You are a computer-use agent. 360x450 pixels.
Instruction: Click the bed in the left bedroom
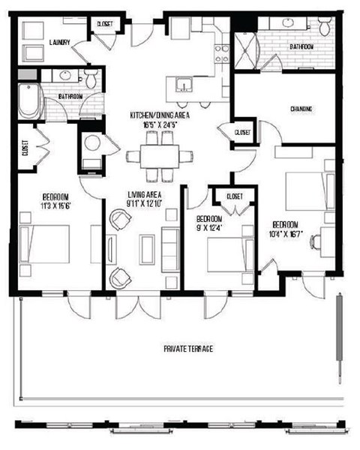[45, 244]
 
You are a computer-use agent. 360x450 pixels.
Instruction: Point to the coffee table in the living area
[146, 247]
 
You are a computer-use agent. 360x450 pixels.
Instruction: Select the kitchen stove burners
[222, 52]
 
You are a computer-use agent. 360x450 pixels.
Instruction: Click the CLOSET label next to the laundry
[103, 25]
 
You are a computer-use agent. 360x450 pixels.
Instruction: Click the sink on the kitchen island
[184, 85]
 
